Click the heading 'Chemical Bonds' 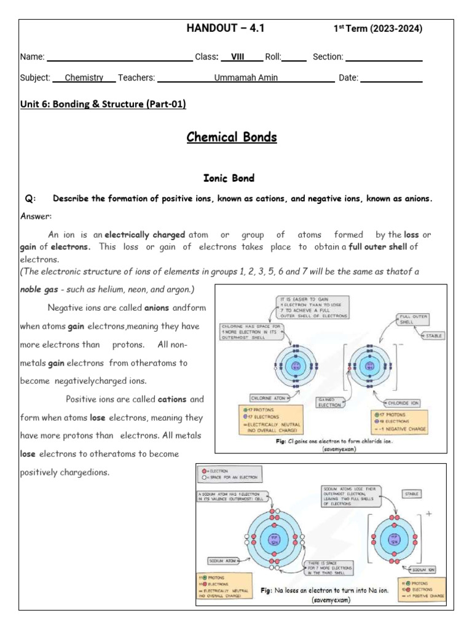[232, 137]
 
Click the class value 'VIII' [233, 57]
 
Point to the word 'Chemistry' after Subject [84, 78]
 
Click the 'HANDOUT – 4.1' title [226, 28]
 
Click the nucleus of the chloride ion [370, 366]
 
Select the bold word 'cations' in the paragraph [172, 399]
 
